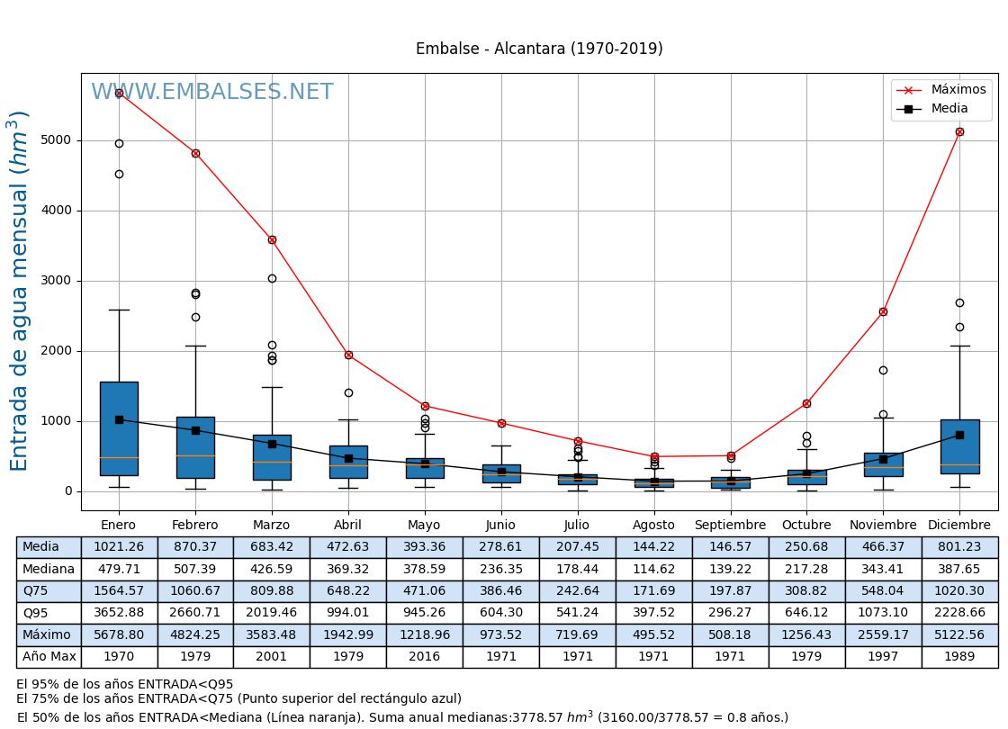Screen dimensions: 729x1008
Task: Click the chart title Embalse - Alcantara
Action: (x=539, y=49)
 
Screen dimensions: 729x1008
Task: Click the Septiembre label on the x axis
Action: (x=730, y=525)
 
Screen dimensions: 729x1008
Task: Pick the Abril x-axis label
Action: (x=348, y=525)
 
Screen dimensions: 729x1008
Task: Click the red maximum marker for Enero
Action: (x=119, y=93)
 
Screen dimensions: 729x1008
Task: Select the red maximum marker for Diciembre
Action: (x=959, y=131)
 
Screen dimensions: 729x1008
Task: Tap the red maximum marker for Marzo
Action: (x=272, y=239)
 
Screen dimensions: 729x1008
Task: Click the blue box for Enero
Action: (x=119, y=428)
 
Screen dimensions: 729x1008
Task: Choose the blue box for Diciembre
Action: (x=959, y=446)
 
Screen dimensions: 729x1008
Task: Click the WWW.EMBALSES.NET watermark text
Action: (x=212, y=93)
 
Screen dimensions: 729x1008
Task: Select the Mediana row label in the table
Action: (x=49, y=569)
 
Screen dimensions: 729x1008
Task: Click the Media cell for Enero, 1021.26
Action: (x=119, y=547)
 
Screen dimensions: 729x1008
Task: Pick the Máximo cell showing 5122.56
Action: (x=959, y=634)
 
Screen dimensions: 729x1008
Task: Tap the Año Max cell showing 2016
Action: (x=424, y=657)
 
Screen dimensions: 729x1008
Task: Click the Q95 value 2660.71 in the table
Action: (x=195, y=613)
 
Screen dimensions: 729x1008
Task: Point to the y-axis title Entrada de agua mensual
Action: (x=20, y=291)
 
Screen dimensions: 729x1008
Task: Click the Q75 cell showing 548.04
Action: (x=883, y=591)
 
